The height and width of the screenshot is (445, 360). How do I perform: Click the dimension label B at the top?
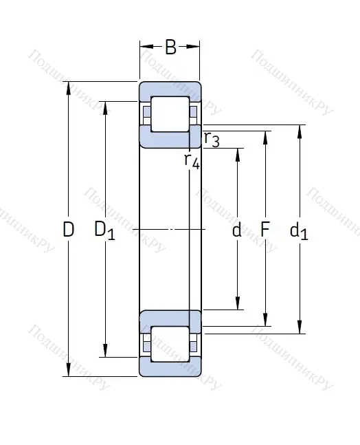[x=170, y=47]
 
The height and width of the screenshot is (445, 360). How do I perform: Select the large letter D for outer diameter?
[x=68, y=230]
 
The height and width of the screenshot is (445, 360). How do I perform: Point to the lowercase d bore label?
[x=237, y=230]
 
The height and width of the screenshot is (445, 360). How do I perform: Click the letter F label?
[x=265, y=230]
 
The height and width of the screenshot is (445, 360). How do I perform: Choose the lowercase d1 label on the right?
[x=299, y=231]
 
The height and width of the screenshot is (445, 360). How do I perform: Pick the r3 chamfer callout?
[x=212, y=140]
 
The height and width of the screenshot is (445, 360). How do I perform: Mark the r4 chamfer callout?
[x=192, y=161]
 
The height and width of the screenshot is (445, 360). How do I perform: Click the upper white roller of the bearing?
[x=170, y=113]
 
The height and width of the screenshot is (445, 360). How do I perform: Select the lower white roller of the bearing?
[x=170, y=342]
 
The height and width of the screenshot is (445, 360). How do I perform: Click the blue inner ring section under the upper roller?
[x=170, y=137]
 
